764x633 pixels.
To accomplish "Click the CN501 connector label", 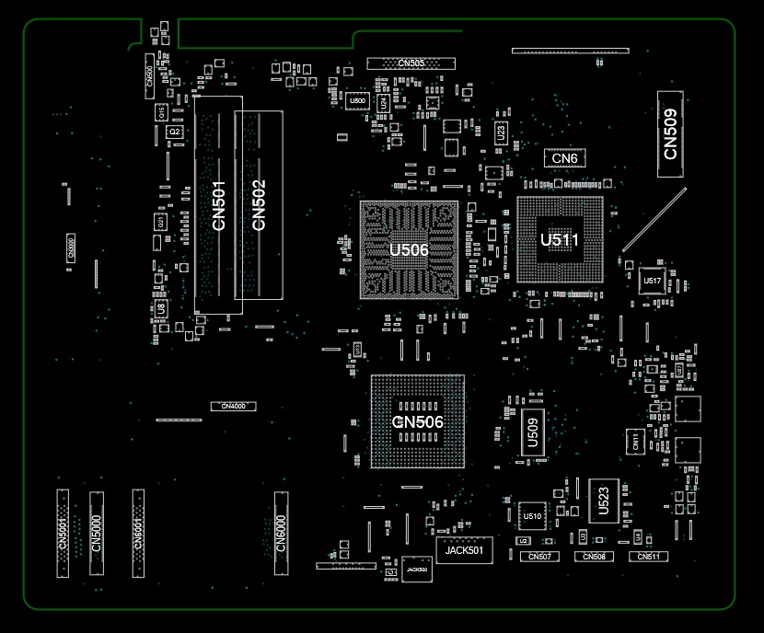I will pyautogui.click(x=218, y=205).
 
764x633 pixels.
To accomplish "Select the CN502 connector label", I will pyautogui.click(x=259, y=205).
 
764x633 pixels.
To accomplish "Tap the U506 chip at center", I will pyautogui.click(x=409, y=249).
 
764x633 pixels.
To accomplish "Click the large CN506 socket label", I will pyautogui.click(x=418, y=422).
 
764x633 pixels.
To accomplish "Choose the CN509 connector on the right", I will pyautogui.click(x=671, y=134).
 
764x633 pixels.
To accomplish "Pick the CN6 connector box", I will pyautogui.click(x=564, y=158).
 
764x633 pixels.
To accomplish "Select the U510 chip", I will pyautogui.click(x=532, y=516).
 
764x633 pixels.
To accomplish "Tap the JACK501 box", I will pyautogui.click(x=464, y=551).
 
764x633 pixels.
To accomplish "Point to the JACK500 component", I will pyautogui.click(x=417, y=570).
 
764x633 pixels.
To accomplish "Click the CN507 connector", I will pyautogui.click(x=541, y=557).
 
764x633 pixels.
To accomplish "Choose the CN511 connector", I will pyautogui.click(x=648, y=557).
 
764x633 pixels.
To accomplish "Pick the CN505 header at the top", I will pyautogui.click(x=411, y=63).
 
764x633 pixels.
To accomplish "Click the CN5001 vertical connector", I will pyautogui.click(x=63, y=533).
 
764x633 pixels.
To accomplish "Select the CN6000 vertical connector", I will pyautogui.click(x=282, y=533).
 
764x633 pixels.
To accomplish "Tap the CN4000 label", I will pyautogui.click(x=233, y=406).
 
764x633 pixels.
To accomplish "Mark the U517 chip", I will pyautogui.click(x=653, y=281).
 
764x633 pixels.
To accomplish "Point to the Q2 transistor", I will pyautogui.click(x=173, y=132).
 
